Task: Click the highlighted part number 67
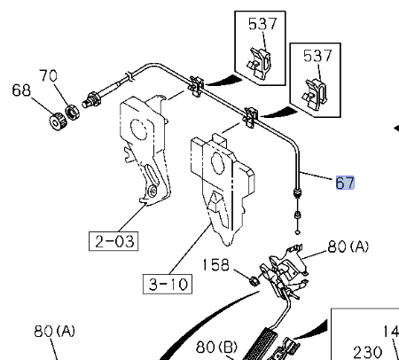[x=345, y=184]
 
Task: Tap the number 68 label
[x=21, y=90]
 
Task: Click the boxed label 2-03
[x=113, y=239]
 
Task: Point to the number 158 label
[x=218, y=263]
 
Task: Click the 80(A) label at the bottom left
[x=55, y=332]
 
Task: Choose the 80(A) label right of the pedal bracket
[x=348, y=247]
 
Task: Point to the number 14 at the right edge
[x=391, y=332]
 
